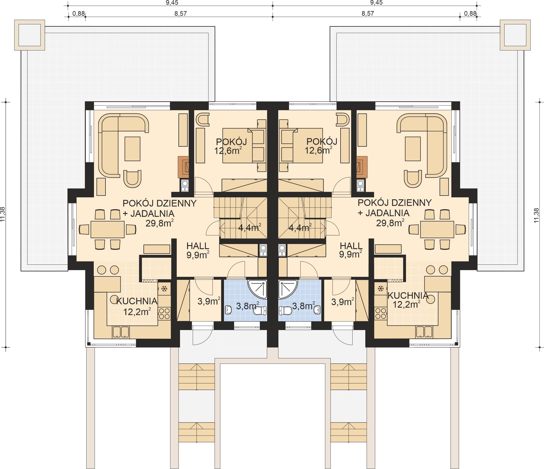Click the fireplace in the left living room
point(183,167)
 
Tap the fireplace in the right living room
point(362,167)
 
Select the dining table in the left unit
point(107,229)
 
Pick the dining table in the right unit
point(437,229)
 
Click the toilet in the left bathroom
point(260,311)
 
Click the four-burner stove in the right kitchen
point(380,313)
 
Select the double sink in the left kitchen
point(121,332)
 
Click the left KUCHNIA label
point(137,301)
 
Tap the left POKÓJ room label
point(231,142)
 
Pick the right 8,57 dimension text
point(368,13)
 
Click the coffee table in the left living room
point(132,149)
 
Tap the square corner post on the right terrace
point(515,35)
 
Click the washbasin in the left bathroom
point(228,310)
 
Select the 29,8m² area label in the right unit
point(390,223)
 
